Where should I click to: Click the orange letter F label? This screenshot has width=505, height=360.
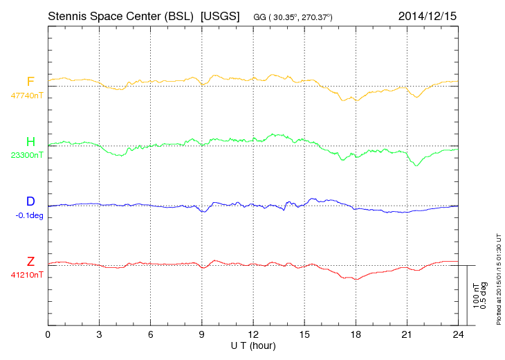(30, 82)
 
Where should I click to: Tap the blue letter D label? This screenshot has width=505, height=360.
(30, 201)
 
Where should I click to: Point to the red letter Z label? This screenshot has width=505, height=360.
(30, 261)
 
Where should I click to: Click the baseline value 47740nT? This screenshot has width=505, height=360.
(26, 96)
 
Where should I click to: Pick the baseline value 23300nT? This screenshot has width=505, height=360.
(26, 155)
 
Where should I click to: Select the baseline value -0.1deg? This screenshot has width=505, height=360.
(29, 215)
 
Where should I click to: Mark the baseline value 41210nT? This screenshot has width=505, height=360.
(26, 275)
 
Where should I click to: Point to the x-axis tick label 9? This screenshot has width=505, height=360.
(202, 335)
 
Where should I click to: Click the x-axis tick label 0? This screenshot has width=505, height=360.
(48, 335)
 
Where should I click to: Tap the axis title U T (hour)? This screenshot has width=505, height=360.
(253, 345)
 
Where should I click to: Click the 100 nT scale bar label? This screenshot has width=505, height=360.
(477, 295)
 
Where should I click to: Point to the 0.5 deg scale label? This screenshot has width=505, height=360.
(485, 295)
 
